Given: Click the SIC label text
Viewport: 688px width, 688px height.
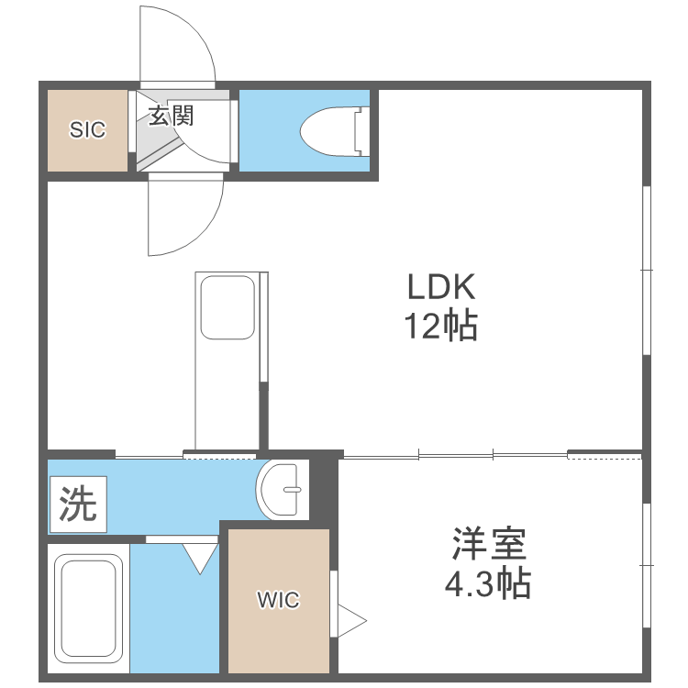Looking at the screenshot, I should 88,130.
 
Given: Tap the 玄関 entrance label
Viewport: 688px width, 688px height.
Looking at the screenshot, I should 170,116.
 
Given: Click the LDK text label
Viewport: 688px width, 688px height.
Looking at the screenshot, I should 441,289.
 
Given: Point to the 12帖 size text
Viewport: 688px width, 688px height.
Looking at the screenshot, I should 441,326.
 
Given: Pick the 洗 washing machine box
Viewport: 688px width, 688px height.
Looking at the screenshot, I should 78,504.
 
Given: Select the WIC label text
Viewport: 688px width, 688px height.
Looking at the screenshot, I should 278,601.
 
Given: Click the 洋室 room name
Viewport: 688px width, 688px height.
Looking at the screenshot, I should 488,545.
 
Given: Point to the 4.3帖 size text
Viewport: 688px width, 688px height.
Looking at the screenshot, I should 488,583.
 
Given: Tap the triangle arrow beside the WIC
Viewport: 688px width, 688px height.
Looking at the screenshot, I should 350,619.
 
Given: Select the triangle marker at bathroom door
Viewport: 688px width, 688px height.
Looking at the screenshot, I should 200,558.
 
